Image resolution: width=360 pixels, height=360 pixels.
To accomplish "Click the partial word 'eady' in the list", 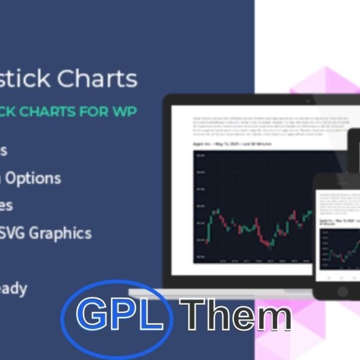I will tap(13, 289).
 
